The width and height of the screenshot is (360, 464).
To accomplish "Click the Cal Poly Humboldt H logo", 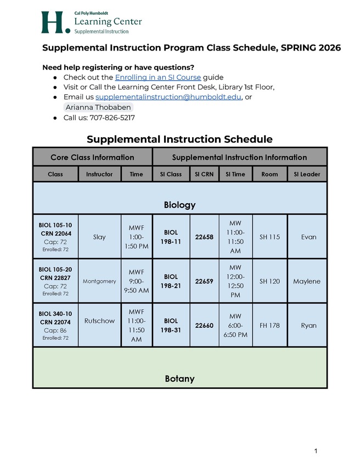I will click(x=55, y=23).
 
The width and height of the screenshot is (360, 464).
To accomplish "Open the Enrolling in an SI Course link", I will click(x=157, y=77).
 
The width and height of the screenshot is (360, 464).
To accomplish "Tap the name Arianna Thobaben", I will click(x=98, y=108).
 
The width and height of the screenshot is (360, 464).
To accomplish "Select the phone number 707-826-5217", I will click(x=112, y=118).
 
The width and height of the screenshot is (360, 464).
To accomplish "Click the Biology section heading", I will click(x=179, y=205).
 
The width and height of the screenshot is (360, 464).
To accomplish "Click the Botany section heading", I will click(x=179, y=379).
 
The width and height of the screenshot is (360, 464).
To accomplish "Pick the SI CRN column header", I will click(x=204, y=174).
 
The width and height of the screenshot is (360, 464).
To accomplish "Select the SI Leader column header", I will click(x=307, y=174).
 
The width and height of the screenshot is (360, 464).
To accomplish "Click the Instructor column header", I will click(x=99, y=174).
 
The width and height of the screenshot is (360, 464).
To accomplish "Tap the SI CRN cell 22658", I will click(x=204, y=237).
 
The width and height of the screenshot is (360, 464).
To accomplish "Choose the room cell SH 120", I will click(x=269, y=281).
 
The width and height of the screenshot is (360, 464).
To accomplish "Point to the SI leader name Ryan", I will click(x=308, y=325).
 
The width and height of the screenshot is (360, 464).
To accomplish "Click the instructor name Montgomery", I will click(x=99, y=281).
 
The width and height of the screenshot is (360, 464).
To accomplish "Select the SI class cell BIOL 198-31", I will click(x=171, y=325).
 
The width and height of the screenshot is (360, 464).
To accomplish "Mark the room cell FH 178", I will click(x=269, y=325).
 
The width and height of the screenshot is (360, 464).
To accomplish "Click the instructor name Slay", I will click(x=99, y=237).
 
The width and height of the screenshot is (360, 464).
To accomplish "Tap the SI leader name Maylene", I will click(x=307, y=281).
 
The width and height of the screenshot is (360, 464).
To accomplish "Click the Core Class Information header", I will click(x=92, y=157).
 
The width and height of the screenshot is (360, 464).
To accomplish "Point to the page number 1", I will click(x=316, y=451).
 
